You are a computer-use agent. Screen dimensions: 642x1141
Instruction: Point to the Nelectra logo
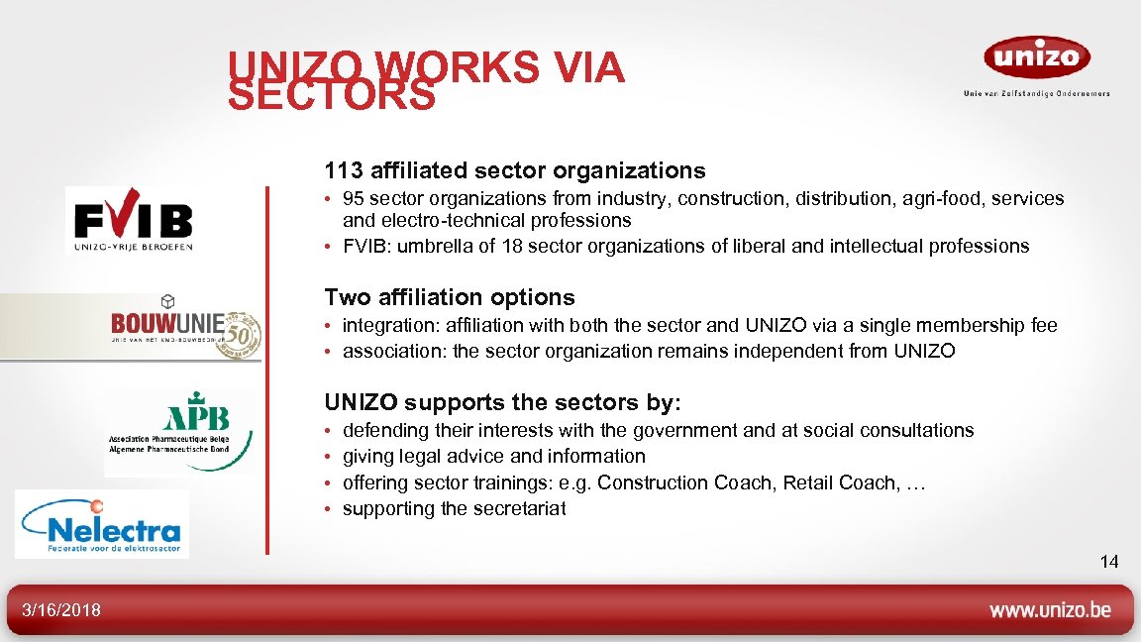point(102,525)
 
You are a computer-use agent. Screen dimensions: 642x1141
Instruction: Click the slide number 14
point(1109,562)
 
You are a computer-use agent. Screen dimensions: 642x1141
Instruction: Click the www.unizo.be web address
point(1050,610)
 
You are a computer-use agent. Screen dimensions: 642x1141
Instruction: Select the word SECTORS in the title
point(332,97)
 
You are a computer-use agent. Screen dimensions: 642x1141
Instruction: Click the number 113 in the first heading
point(344,170)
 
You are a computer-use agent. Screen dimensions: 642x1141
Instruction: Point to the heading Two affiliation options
point(450,297)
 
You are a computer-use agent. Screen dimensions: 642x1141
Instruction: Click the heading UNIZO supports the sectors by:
point(503,402)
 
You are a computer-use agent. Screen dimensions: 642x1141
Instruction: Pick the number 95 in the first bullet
point(354,199)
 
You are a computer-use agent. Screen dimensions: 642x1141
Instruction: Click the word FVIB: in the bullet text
point(365,246)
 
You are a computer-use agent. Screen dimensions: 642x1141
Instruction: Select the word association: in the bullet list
point(392,351)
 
